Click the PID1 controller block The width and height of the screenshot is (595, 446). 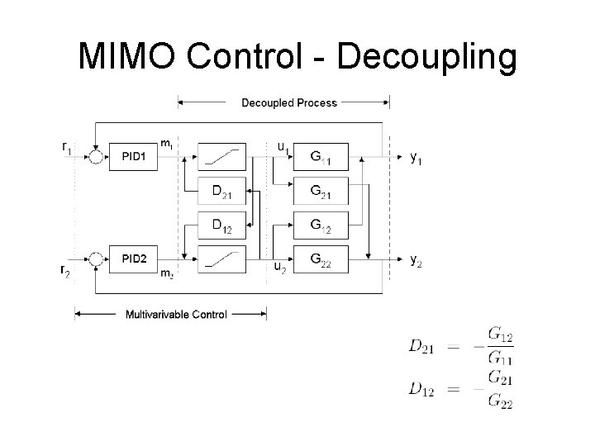coord(134,156)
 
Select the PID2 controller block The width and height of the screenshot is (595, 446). coord(134,259)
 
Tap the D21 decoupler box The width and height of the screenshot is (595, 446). coord(222,193)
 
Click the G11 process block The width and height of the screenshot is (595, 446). coord(321,156)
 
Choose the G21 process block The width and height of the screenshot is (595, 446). coord(321,193)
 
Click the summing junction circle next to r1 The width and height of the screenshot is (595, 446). coord(96,157)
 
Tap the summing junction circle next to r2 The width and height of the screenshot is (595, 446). coord(96,259)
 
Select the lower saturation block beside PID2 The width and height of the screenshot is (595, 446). coord(222,259)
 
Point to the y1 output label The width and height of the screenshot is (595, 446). coord(418,157)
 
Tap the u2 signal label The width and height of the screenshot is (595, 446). coord(281,267)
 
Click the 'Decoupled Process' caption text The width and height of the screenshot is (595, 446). coord(288,103)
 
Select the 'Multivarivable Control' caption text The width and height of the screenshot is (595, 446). coord(176,314)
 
